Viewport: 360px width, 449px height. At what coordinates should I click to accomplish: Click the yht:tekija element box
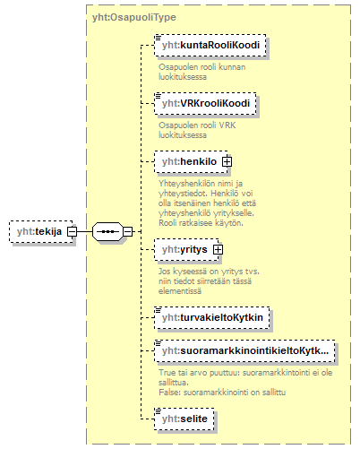[41, 231]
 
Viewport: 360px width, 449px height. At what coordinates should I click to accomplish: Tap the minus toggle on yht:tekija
[72, 231]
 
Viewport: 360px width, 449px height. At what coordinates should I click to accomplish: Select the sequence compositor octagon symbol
[107, 231]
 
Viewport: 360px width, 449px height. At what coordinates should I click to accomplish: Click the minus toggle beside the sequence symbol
[128, 231]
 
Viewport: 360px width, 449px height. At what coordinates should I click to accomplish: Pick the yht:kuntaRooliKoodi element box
[210, 46]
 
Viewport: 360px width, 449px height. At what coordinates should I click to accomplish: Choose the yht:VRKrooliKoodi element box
[205, 104]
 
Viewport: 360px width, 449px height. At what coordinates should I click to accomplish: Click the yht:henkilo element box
[191, 162]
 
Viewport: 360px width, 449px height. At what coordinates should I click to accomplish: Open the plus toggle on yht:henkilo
[227, 162]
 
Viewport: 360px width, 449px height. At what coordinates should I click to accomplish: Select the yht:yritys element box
[186, 250]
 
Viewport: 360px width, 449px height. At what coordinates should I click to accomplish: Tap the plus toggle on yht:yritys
[218, 250]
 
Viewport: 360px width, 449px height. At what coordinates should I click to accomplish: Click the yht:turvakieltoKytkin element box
[212, 318]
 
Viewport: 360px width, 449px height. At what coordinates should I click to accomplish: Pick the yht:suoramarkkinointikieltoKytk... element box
[244, 351]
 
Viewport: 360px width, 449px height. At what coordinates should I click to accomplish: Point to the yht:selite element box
[184, 419]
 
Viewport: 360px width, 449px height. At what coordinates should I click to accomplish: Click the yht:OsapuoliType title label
[134, 17]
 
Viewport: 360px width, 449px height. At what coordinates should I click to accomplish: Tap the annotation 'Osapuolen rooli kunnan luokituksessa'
[202, 72]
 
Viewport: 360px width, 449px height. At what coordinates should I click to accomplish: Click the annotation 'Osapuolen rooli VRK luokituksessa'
[197, 130]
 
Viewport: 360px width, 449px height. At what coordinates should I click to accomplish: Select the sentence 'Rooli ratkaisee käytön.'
[201, 223]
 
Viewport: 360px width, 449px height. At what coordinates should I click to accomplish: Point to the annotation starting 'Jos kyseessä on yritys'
[209, 281]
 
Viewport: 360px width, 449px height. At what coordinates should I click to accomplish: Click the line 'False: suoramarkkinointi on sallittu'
[222, 393]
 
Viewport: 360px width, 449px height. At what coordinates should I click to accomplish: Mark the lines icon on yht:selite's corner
[158, 411]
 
